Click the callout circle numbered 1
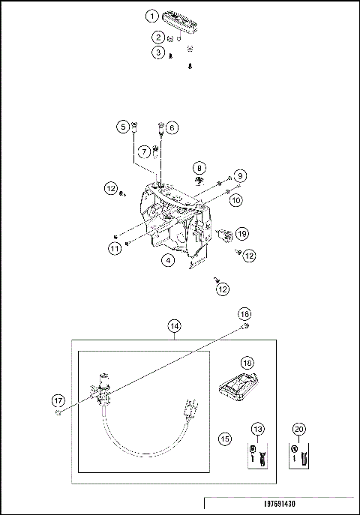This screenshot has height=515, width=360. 152,16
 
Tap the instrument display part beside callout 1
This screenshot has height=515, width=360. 179,19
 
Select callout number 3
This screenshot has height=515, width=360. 157,52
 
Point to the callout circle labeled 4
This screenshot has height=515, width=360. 169,260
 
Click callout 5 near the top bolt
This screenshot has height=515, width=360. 121,127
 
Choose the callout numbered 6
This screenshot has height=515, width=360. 172,127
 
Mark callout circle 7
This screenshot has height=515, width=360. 142,151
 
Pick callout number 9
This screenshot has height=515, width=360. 239,175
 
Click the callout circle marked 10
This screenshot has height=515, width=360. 235,200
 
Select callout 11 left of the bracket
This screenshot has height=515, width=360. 114,247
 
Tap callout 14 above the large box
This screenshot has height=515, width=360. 174,326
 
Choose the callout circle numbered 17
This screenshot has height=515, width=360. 58,400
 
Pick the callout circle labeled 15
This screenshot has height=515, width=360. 224,437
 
